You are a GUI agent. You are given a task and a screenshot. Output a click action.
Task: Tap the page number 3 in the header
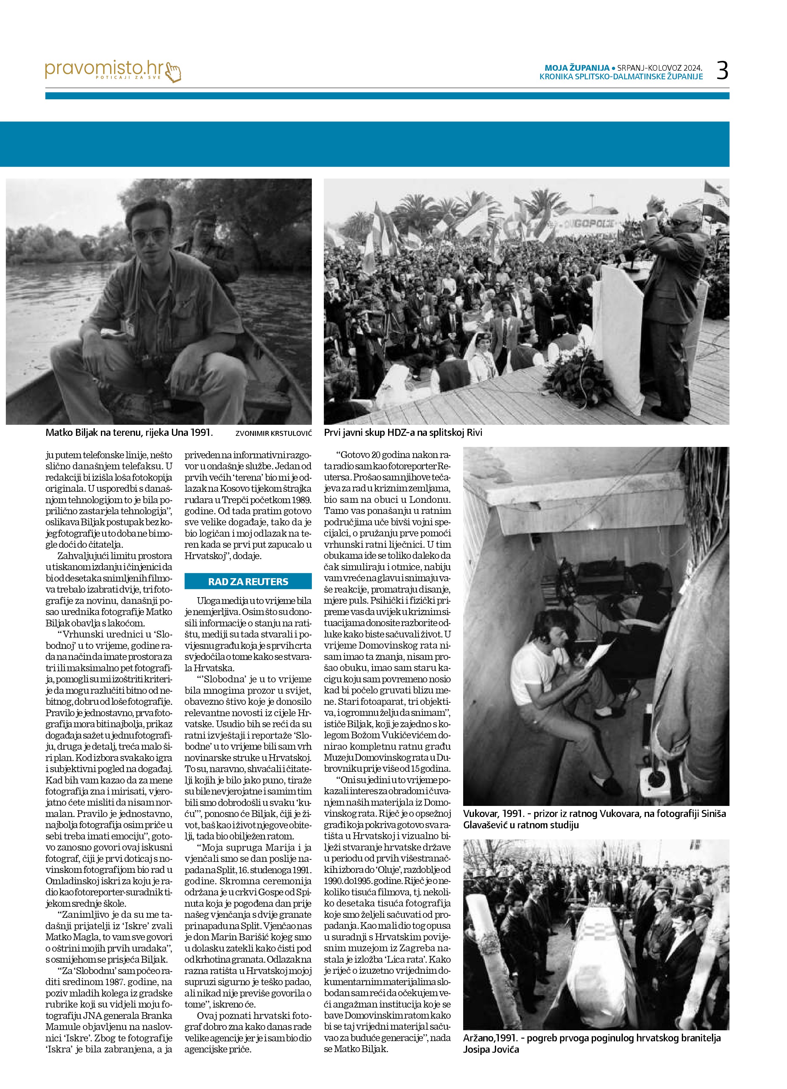pyautogui.click(x=722, y=71)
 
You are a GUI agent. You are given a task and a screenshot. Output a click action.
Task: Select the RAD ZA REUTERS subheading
pyautogui.click(x=248, y=582)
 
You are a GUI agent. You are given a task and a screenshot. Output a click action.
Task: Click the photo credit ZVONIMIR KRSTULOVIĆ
pyautogui.click(x=273, y=433)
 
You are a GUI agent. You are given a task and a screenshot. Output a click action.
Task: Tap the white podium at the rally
pyautogui.click(x=618, y=331)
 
